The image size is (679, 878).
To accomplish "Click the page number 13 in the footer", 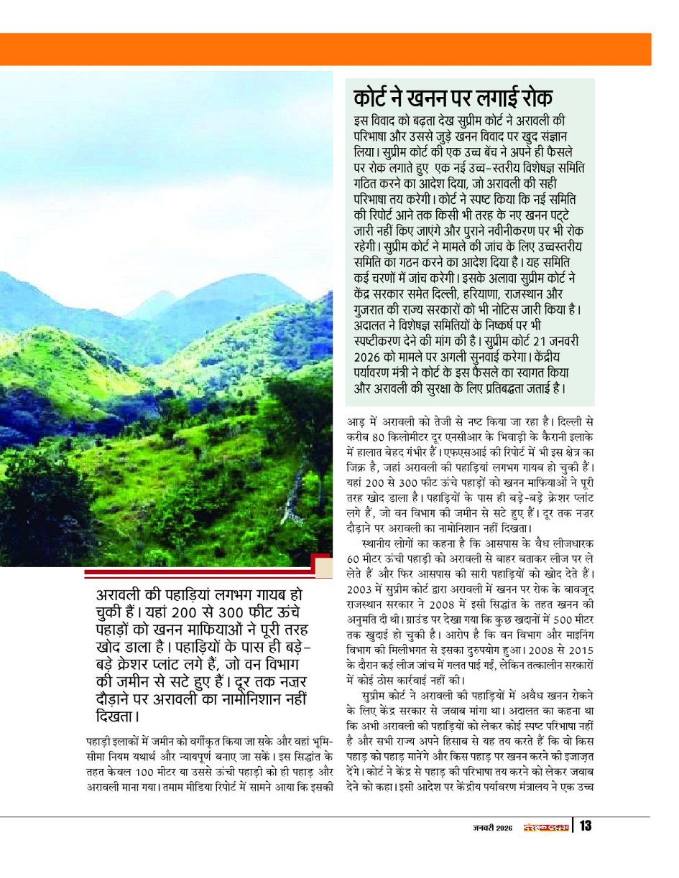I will (585, 826).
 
